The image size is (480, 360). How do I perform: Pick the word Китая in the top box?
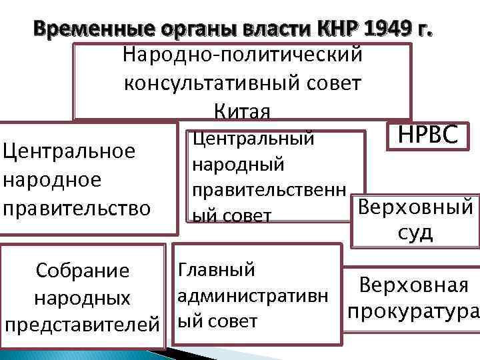pos(242,111)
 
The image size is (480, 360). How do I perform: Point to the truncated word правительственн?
pos(269,190)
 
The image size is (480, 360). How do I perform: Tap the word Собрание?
pos(83,271)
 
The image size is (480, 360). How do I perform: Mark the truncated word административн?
pos(252,295)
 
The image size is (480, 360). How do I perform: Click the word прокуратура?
pos(412,311)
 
